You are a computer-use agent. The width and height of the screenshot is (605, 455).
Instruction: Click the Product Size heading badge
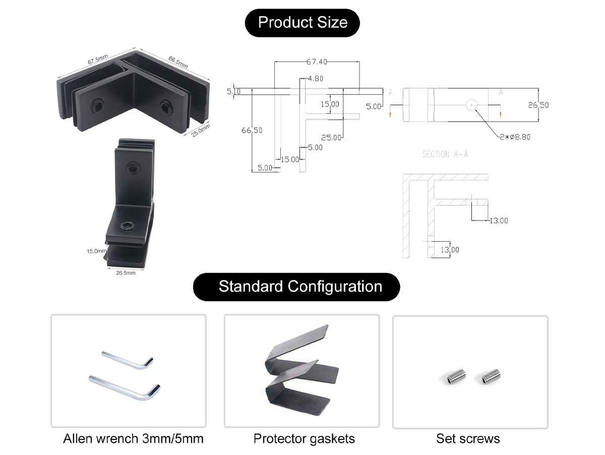pos(302,23)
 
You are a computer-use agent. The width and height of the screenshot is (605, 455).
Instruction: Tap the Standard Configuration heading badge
pos(296,287)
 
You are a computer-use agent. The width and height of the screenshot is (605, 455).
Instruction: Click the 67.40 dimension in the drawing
pos(317,62)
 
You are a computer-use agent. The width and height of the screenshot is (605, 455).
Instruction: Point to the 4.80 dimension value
pos(315,79)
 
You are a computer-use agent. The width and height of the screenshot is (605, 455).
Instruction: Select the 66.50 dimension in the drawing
pos(252,130)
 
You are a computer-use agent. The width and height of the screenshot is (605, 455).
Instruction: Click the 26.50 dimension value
pos(538,105)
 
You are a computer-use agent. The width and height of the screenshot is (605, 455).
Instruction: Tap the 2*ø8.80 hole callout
pos(515,136)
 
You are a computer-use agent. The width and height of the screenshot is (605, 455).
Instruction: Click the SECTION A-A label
pos(445,154)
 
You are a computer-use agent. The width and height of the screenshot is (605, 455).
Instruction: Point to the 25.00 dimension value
pos(331,137)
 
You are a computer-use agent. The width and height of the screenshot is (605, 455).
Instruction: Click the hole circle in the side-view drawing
pos(472,105)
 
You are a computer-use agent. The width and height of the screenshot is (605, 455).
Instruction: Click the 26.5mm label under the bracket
pos(126,273)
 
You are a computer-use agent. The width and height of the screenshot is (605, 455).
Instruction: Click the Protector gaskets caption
pos(304,439)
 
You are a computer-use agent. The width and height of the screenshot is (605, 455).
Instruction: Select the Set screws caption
pos(468,439)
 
